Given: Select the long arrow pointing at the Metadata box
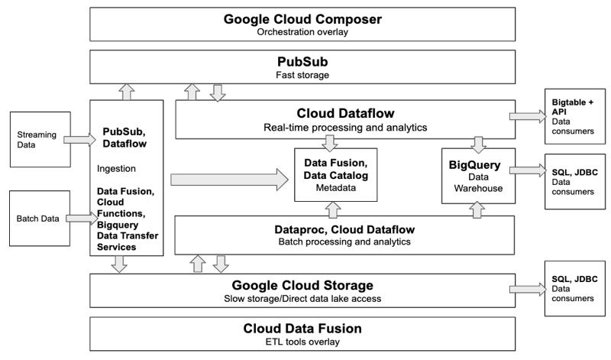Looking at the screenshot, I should click(x=230, y=180).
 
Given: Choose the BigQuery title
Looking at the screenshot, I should click(x=474, y=164).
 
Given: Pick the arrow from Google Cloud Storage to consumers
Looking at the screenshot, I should click(x=524, y=291).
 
